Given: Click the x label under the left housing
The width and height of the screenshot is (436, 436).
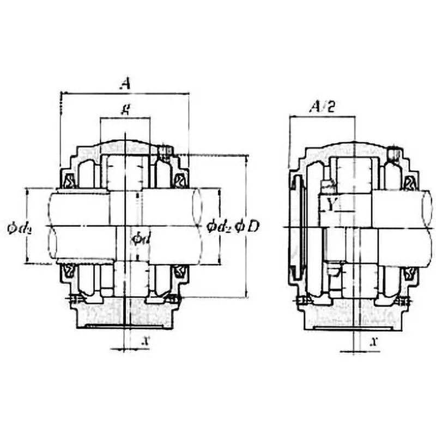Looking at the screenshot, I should (145, 341).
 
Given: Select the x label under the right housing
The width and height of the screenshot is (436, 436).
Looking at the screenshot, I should (374, 341).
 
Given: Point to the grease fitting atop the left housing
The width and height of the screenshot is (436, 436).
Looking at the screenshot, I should (164, 151).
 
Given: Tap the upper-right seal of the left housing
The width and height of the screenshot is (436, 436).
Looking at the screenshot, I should (179, 180).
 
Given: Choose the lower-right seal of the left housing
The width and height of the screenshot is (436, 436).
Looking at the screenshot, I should (179, 271).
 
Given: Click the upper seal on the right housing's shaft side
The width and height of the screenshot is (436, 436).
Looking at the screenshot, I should (409, 181).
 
